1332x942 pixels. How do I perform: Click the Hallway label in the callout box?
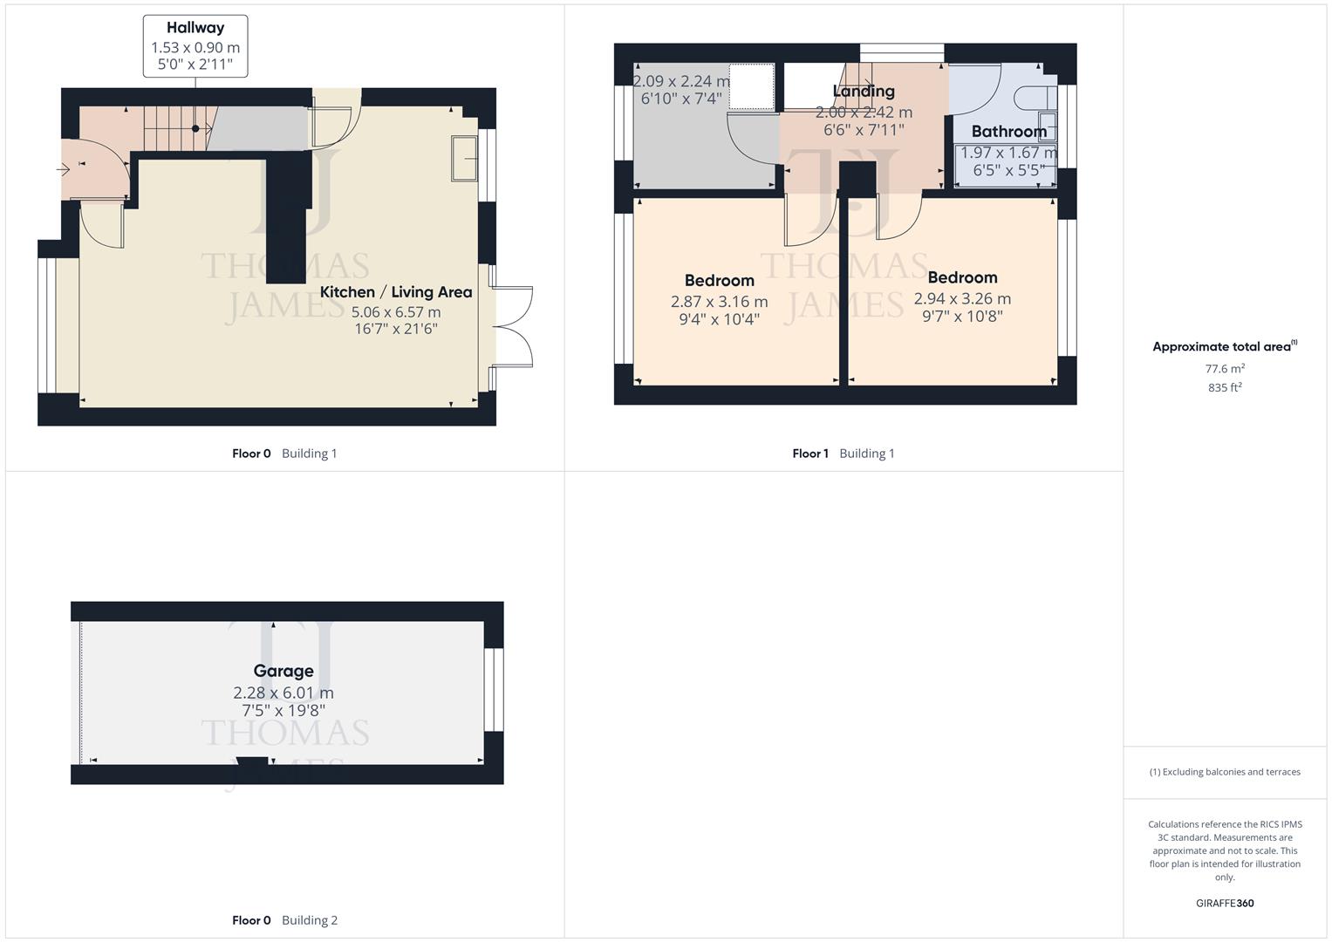coord(195,28)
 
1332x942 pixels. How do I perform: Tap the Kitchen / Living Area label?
coord(395,292)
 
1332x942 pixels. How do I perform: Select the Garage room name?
coord(283,671)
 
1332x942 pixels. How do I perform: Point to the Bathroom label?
coord(1008,132)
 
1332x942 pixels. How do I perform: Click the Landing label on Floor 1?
coord(864,92)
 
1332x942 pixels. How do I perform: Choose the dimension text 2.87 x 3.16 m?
coord(719,302)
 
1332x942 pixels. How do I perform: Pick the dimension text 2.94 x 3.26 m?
coord(962,298)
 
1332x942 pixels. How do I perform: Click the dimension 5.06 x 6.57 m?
coord(395,312)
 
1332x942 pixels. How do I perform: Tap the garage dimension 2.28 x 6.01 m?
coord(283,693)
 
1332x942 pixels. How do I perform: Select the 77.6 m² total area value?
coord(1225,369)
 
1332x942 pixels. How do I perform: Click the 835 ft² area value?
coord(1225,387)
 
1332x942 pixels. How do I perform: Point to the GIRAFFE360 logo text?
coord(1225,903)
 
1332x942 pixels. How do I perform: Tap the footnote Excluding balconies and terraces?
coord(1225,772)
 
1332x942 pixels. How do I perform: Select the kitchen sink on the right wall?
coord(464,158)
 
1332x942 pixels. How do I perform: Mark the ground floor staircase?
coord(174,128)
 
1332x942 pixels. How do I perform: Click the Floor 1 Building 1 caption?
coord(843,454)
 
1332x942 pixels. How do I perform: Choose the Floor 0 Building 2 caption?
coord(284,920)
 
